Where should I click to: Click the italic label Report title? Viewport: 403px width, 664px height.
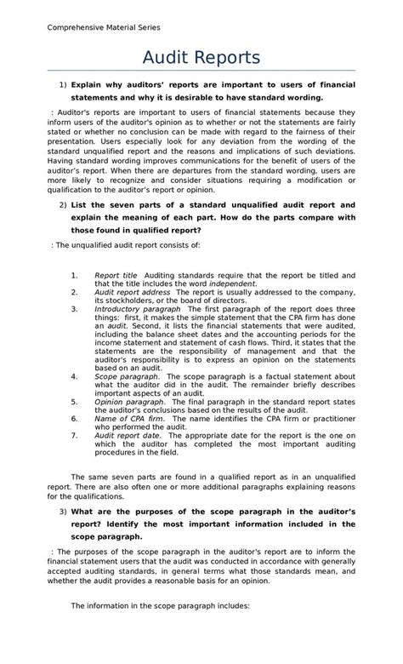pos(116,276)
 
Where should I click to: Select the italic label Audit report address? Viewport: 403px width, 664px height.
pos(132,291)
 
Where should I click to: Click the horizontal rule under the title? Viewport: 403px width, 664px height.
pos(201,72)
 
